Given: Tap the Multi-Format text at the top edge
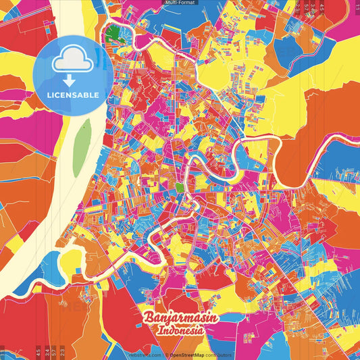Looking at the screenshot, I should [180, 3].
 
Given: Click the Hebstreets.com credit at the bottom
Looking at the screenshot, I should [143, 355].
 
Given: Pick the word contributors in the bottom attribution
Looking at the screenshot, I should [219, 355].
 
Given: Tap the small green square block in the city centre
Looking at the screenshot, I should [180, 186].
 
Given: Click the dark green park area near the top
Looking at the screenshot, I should [113, 32].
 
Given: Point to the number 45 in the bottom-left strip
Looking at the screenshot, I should [37, 352].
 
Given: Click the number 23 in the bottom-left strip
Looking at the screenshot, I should [61, 352].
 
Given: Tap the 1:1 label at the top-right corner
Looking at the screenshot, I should [355, 7].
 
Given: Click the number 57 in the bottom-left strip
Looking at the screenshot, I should [53, 352].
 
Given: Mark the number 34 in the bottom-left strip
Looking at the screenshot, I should [45, 352].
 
